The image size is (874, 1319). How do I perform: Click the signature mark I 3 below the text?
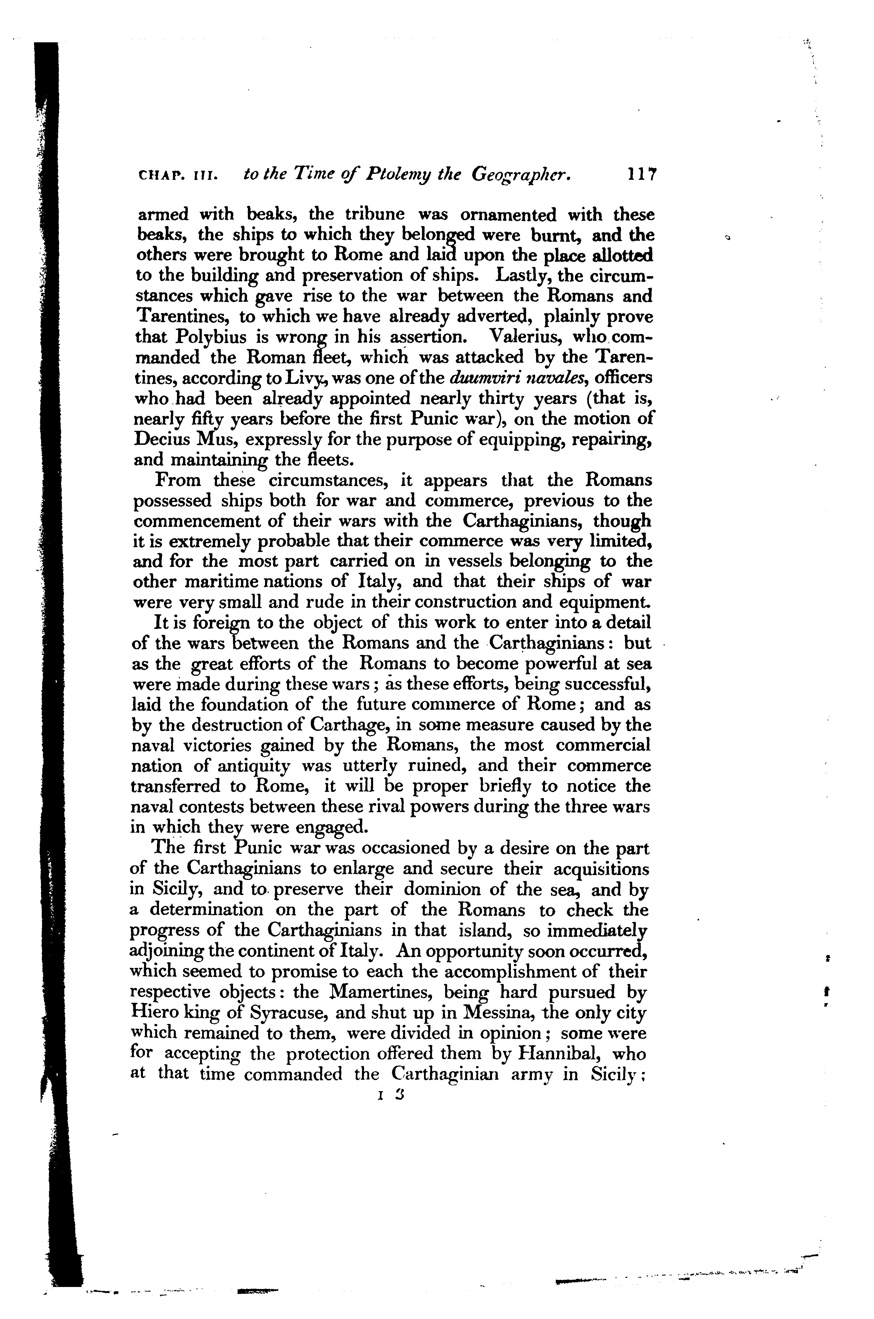click(x=390, y=1094)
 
